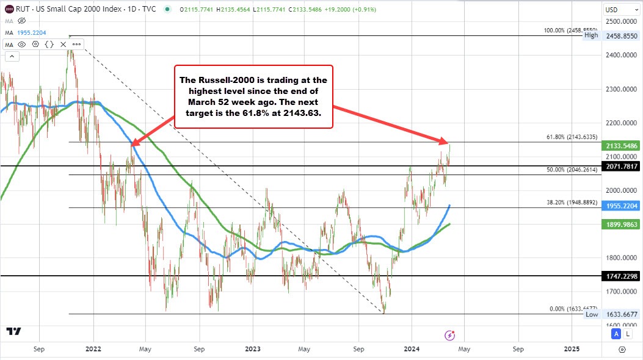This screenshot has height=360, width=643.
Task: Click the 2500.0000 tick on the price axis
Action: click(x=619, y=21)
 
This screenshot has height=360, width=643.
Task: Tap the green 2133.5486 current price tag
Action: click(x=621, y=146)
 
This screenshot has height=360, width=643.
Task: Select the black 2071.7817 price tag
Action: click(x=621, y=166)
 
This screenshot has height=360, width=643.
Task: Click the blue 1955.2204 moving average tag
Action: click(x=621, y=206)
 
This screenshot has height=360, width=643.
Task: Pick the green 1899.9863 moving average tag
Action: click(x=621, y=225)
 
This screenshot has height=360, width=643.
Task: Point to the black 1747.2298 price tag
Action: click(x=621, y=276)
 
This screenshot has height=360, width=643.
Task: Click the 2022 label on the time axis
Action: click(x=93, y=349)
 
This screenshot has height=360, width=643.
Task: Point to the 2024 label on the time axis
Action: click(x=411, y=349)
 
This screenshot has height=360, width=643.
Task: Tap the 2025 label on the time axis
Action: click(x=572, y=349)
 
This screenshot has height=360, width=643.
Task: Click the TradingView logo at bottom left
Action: click(x=14, y=331)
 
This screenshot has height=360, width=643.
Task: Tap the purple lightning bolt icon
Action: click(x=449, y=335)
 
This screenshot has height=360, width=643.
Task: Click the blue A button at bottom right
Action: click(x=616, y=334)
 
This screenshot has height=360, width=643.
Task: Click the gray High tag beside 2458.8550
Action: click(x=591, y=35)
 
